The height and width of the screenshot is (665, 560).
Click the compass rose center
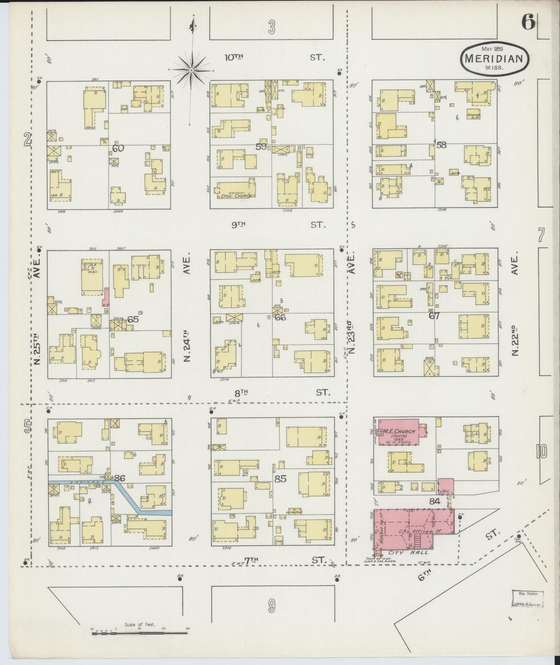point(191,70)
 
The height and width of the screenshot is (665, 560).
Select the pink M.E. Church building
point(399,431)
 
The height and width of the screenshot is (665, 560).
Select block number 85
point(280,479)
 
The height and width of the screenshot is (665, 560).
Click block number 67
point(434,315)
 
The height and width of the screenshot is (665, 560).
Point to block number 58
point(441,145)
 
